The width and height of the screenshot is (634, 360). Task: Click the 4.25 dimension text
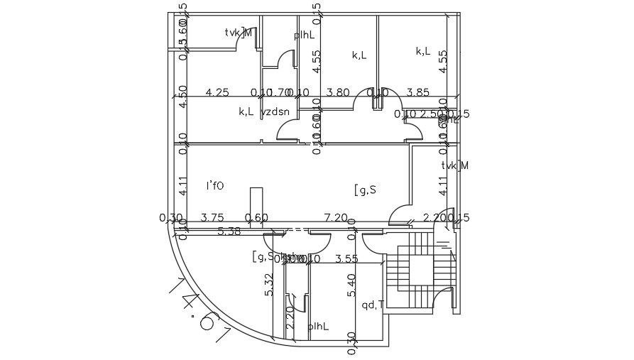[x=217, y=92]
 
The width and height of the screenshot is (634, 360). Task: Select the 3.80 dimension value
[x=338, y=92]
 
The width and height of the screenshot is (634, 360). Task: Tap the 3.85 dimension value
[x=418, y=92]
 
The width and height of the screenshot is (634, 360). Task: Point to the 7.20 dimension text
[x=336, y=217]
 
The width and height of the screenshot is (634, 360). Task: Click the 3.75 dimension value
[x=213, y=217]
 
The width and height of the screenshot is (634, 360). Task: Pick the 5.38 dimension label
[x=229, y=231]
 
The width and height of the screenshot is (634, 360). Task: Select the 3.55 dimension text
[x=346, y=259]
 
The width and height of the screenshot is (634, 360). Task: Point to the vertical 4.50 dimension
[x=182, y=96]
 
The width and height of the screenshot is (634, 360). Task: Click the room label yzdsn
[x=275, y=111]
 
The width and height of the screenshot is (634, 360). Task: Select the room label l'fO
[x=214, y=186]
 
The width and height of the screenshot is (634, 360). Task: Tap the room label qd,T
[x=373, y=305]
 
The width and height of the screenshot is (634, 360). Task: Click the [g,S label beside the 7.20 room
[x=364, y=190]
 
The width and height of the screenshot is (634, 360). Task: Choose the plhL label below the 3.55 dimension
[x=319, y=327]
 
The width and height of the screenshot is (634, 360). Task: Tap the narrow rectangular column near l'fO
[x=256, y=203]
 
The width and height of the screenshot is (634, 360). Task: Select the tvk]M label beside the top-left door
[x=239, y=32]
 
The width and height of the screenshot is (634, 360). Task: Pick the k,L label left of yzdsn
[x=246, y=111]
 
